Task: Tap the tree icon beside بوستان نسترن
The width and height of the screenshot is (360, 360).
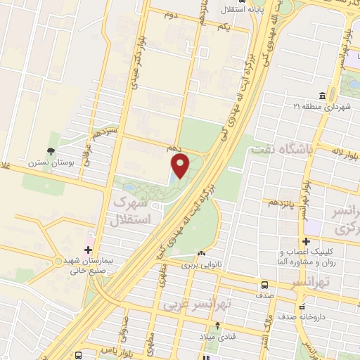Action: point(50,151)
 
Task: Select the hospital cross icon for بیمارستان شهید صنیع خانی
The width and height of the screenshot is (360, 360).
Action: point(88,249)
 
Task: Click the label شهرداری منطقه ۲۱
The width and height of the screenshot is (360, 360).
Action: point(322,107)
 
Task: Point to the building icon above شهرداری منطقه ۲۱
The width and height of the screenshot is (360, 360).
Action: point(322,96)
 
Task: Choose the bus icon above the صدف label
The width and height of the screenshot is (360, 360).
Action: point(264,285)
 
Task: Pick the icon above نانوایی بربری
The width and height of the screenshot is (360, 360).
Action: point(202,253)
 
